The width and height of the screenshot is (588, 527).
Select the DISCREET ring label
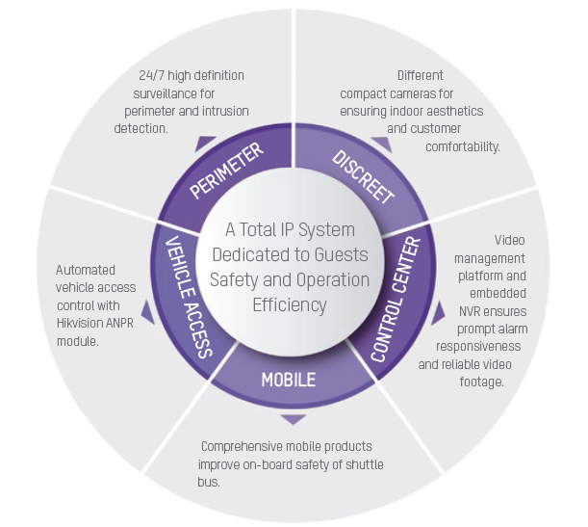(363, 176)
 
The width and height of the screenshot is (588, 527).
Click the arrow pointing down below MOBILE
(293, 419)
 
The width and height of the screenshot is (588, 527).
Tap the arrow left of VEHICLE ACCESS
(146, 311)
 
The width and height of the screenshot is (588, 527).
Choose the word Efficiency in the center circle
(290, 304)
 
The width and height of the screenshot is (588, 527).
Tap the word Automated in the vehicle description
(88, 270)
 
